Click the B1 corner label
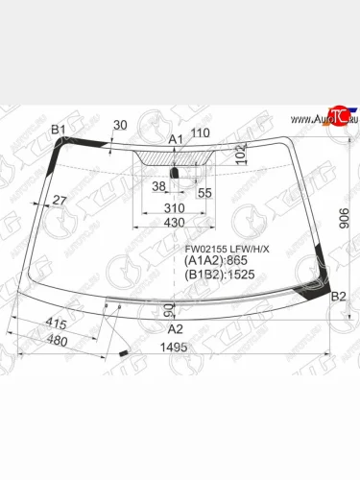click(x=59, y=129)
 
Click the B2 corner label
click(x=337, y=299)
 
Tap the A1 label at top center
click(x=175, y=140)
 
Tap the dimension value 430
click(x=174, y=223)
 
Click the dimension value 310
click(x=174, y=207)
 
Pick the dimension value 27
click(x=60, y=200)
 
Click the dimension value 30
click(x=119, y=125)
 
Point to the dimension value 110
click(x=200, y=133)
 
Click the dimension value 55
click(x=204, y=192)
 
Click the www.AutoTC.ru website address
click(x=318, y=119)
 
